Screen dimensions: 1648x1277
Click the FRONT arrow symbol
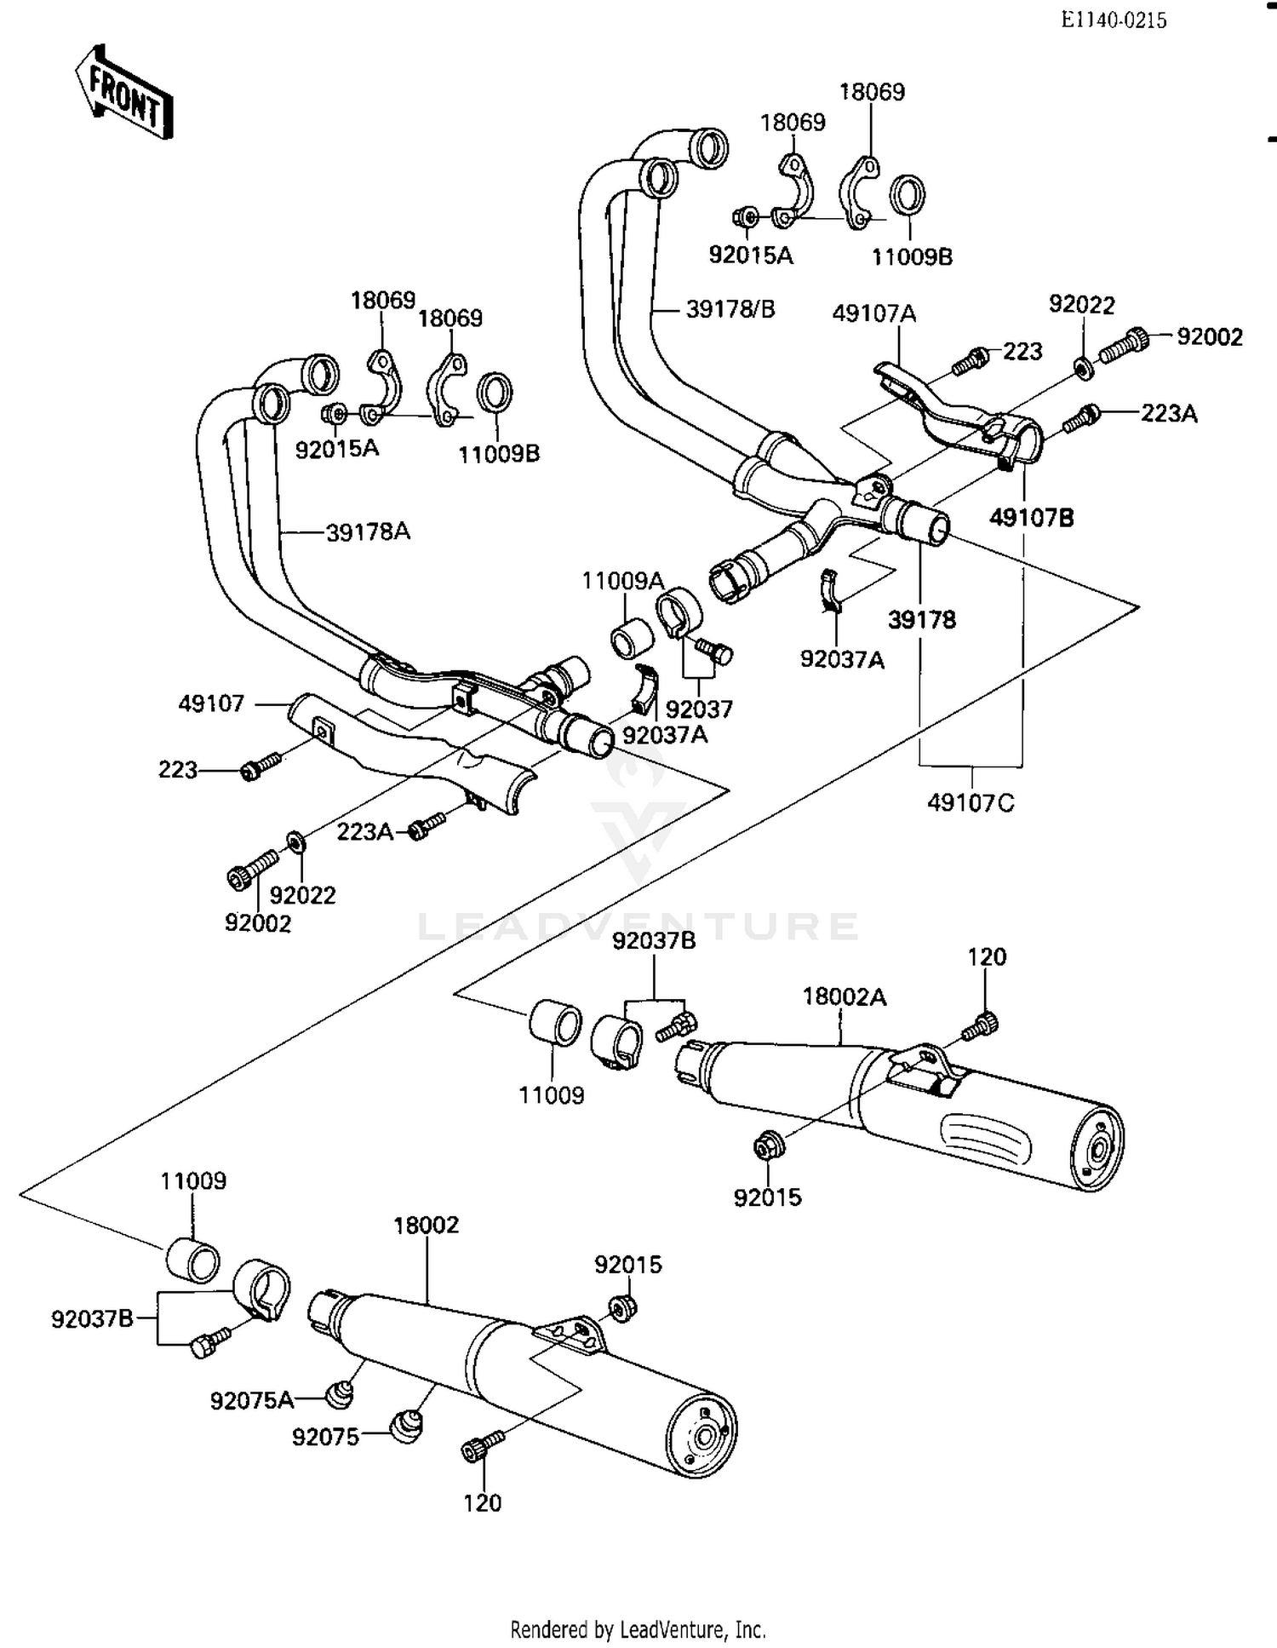pyautogui.click(x=124, y=92)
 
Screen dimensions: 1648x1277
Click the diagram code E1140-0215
pyautogui.click(x=1114, y=20)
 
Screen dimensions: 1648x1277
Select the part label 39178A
pyautogui.click(x=368, y=532)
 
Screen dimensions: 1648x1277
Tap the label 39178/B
pyautogui.click(x=730, y=309)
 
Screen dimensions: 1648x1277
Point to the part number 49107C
pyautogui.click(x=971, y=802)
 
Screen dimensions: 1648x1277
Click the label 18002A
pyautogui.click(x=844, y=996)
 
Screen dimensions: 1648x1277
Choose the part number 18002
pyautogui.click(x=426, y=1225)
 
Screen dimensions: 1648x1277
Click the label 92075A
pyautogui.click(x=252, y=1400)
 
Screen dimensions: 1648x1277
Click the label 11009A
pyautogui.click(x=622, y=581)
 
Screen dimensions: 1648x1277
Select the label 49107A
pyautogui.click(x=874, y=313)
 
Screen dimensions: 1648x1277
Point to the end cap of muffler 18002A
pyautogui.click(x=1098, y=1151)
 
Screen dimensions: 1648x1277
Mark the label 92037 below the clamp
pyautogui.click(x=698, y=709)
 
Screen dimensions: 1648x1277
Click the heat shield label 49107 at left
pyautogui.click(x=211, y=703)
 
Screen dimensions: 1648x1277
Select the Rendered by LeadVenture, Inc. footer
pyautogui.click(x=638, y=1629)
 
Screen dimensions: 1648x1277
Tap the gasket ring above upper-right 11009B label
pyautogui.click(x=908, y=196)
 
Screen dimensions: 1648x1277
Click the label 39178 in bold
pyautogui.click(x=922, y=620)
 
